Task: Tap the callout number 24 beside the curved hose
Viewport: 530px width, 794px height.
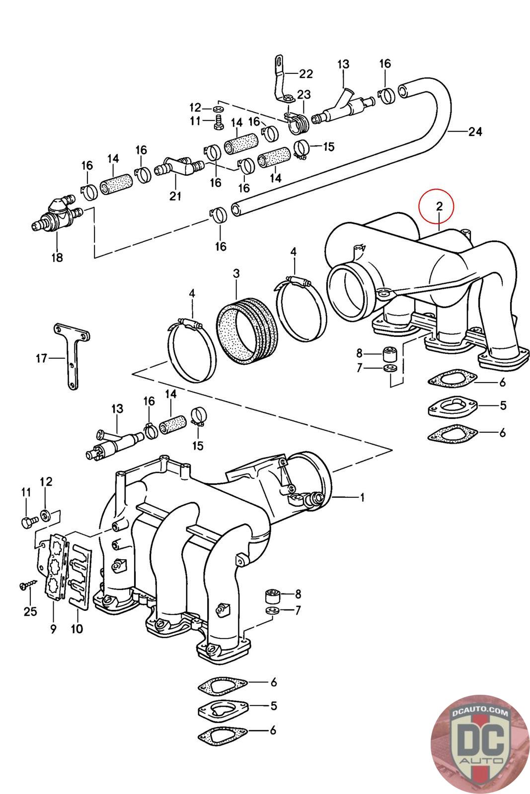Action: tap(475, 132)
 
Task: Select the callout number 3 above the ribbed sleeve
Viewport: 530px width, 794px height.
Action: tap(236, 273)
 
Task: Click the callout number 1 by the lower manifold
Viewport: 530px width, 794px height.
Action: tap(362, 497)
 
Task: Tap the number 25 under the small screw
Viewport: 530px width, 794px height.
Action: tap(30, 611)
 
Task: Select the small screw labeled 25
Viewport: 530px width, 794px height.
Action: tap(26, 586)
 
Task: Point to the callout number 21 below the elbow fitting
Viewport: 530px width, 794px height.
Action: tap(175, 196)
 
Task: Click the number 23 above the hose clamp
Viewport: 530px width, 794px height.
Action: tap(303, 94)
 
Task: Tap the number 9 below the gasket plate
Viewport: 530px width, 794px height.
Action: tap(53, 629)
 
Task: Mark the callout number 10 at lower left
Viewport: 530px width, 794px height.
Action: tap(77, 629)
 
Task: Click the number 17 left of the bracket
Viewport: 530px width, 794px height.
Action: tap(42, 357)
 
